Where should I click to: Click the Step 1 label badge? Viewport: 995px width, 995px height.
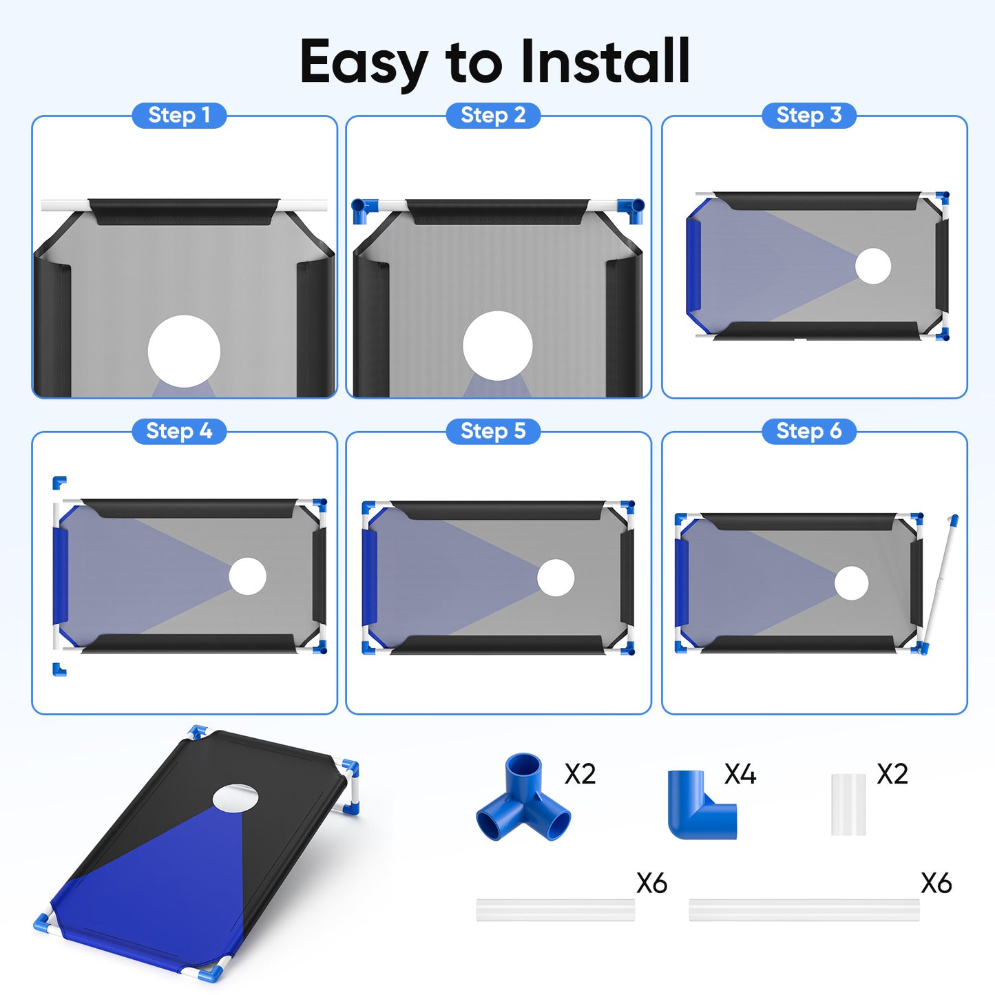coord(179,115)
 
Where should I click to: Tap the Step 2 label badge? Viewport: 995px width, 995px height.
coord(493,115)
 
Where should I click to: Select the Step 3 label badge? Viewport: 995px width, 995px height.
coord(809,115)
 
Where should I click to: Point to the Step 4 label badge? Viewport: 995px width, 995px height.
coord(179,431)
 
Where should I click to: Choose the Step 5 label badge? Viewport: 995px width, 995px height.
coord(493,431)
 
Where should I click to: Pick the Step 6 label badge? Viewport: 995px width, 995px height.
coord(809,431)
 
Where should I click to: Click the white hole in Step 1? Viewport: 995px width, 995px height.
coord(185,351)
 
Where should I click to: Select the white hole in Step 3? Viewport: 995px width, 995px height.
coord(873,266)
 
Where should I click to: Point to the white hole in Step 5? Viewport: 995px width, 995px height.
coord(556,578)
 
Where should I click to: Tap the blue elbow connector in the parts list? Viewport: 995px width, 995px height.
coord(701,804)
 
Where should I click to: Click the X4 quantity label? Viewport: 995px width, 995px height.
coord(740,774)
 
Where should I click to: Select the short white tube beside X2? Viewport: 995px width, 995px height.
coord(848,804)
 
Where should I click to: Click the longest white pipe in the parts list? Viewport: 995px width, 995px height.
coord(804,910)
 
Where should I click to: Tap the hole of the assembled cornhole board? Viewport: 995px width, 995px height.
coord(235,798)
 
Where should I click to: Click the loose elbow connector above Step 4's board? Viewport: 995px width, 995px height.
coord(59,483)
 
